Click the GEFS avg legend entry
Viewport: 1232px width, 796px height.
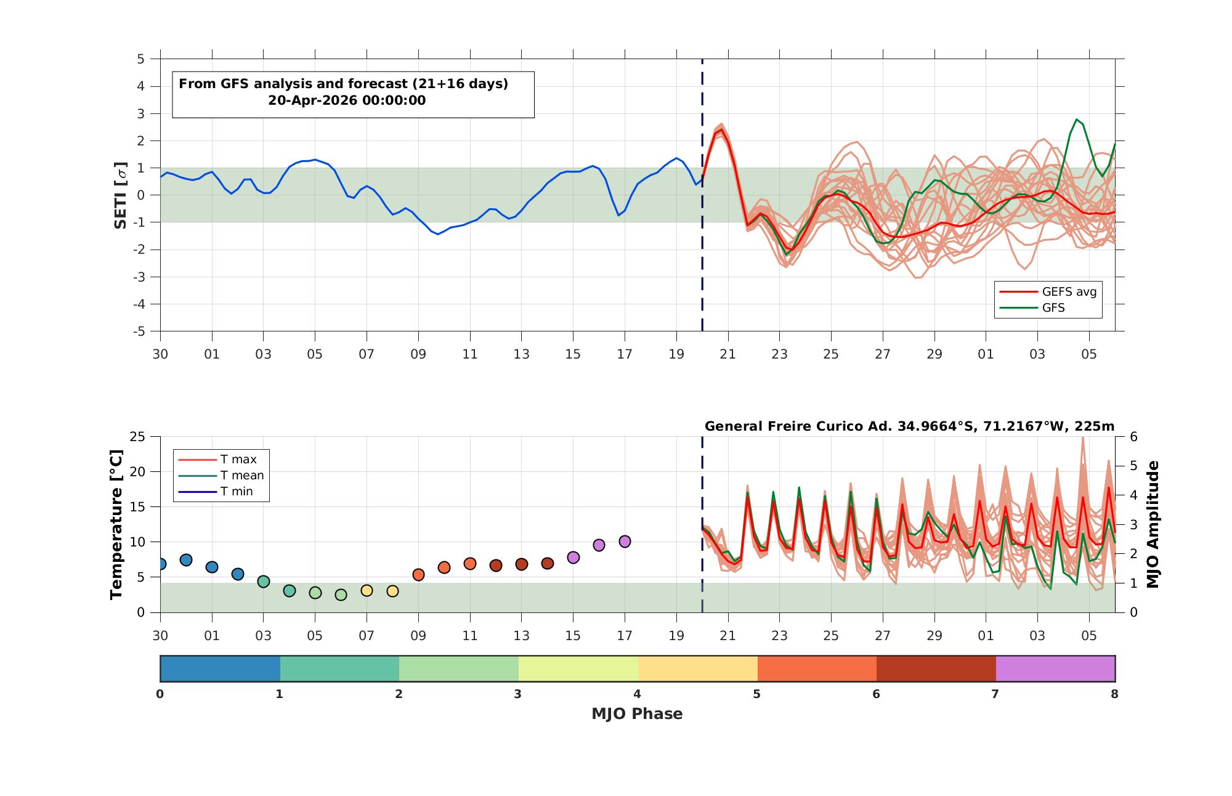click(x=1047, y=291)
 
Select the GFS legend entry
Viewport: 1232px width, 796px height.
click(x=1032, y=307)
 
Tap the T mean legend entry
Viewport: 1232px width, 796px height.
click(x=221, y=475)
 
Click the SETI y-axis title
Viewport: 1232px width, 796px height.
click(x=121, y=195)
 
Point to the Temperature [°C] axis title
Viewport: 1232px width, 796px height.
click(x=116, y=524)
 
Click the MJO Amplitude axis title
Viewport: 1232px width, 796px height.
click(x=1153, y=524)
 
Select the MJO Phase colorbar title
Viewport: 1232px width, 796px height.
click(x=637, y=713)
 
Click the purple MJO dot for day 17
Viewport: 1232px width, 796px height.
click(x=625, y=542)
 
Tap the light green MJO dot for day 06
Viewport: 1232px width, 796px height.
click(x=341, y=595)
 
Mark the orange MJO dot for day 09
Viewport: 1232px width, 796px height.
click(x=418, y=575)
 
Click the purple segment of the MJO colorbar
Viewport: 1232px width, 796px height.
click(x=1055, y=668)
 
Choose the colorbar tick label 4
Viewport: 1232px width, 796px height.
click(x=637, y=694)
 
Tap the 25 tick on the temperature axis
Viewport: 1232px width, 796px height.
click(x=137, y=437)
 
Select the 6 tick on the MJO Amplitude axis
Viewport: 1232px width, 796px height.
click(x=1133, y=437)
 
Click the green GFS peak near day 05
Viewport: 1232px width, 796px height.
click(x=1076, y=120)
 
